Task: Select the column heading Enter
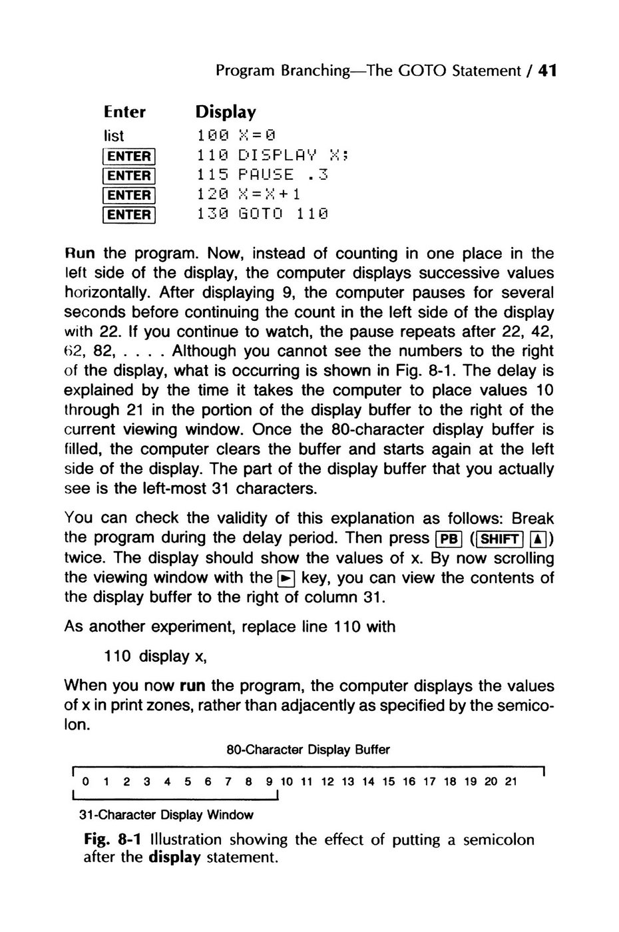pyautogui.click(x=124, y=111)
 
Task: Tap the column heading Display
pyautogui.click(x=225, y=111)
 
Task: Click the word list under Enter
pyautogui.click(x=114, y=135)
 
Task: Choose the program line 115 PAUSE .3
pyautogui.click(x=264, y=175)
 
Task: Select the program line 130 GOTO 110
pyautogui.click(x=264, y=214)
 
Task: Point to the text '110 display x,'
pyautogui.click(x=156, y=656)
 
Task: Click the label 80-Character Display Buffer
pyautogui.click(x=308, y=750)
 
